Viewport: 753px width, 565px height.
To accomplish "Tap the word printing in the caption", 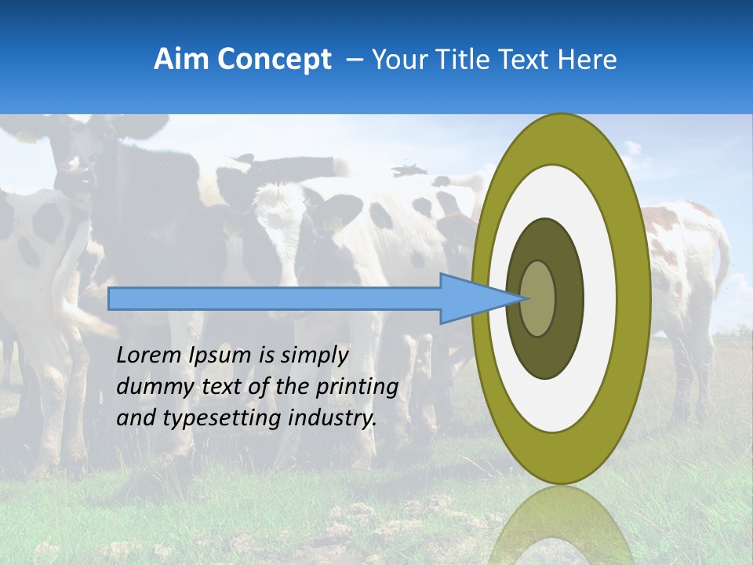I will click(x=357, y=387).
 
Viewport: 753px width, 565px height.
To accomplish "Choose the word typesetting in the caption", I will click(x=209, y=418).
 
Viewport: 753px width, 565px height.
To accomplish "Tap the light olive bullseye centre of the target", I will click(x=537, y=298).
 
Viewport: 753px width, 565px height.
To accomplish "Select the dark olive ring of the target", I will click(x=569, y=298).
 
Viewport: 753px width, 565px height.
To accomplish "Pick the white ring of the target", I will click(x=600, y=298).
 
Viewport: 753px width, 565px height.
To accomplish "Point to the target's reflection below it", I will click(x=561, y=526).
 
